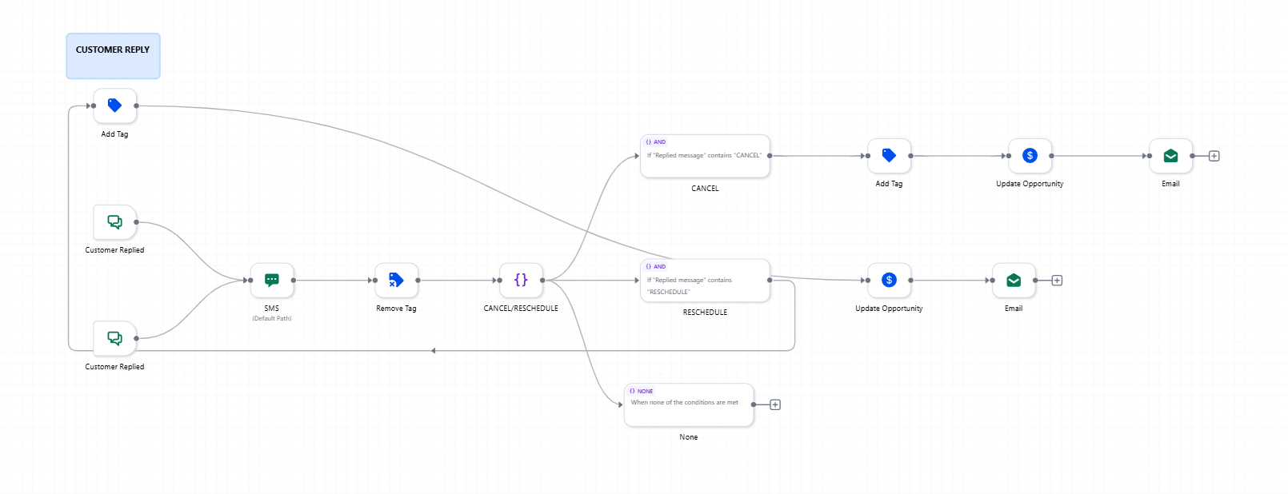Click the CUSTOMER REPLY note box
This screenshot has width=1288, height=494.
click(x=113, y=56)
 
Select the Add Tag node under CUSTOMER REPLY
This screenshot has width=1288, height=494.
click(x=115, y=106)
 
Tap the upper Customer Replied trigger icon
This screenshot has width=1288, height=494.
click(x=115, y=222)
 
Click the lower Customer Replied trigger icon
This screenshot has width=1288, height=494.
click(x=115, y=338)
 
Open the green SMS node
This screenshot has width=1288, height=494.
click(x=272, y=281)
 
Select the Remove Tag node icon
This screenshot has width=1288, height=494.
click(x=396, y=281)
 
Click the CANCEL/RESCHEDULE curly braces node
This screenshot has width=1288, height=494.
click(x=521, y=281)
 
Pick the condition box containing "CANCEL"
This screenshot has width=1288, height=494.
click(x=705, y=156)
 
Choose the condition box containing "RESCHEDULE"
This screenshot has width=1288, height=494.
click(x=705, y=281)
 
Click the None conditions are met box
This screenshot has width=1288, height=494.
click(x=689, y=404)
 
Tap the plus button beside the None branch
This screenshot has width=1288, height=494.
click(x=775, y=404)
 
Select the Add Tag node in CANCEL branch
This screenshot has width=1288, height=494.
click(x=889, y=156)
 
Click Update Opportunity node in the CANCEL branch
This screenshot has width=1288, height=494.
click(x=1030, y=156)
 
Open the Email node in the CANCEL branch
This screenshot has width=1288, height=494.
click(x=1170, y=156)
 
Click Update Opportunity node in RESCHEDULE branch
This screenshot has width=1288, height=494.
click(x=889, y=281)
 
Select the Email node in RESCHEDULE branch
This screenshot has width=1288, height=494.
click(x=1014, y=281)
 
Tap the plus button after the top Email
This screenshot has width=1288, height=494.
click(x=1214, y=156)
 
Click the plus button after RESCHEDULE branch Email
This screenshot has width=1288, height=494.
click(x=1057, y=281)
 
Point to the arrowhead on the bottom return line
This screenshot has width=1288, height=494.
click(x=434, y=351)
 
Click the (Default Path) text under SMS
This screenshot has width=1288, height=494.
click(x=272, y=319)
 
